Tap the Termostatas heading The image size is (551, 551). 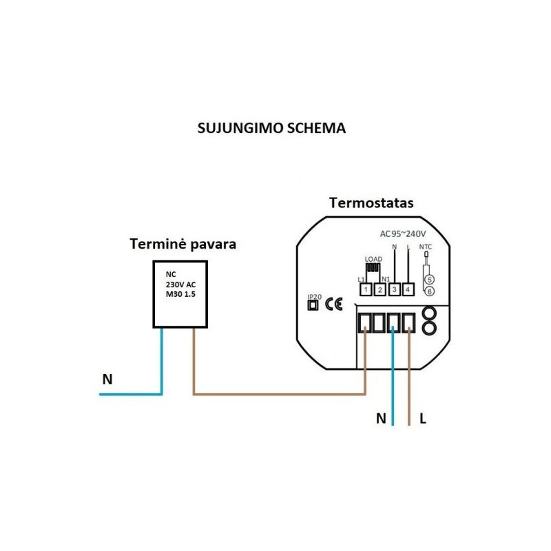click(x=371, y=203)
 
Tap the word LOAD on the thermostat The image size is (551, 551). click(x=373, y=260)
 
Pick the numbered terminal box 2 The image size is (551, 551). click(x=380, y=290)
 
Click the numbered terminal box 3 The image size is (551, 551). click(x=394, y=290)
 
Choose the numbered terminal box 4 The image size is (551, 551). click(x=408, y=290)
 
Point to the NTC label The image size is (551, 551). click(x=426, y=246)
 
